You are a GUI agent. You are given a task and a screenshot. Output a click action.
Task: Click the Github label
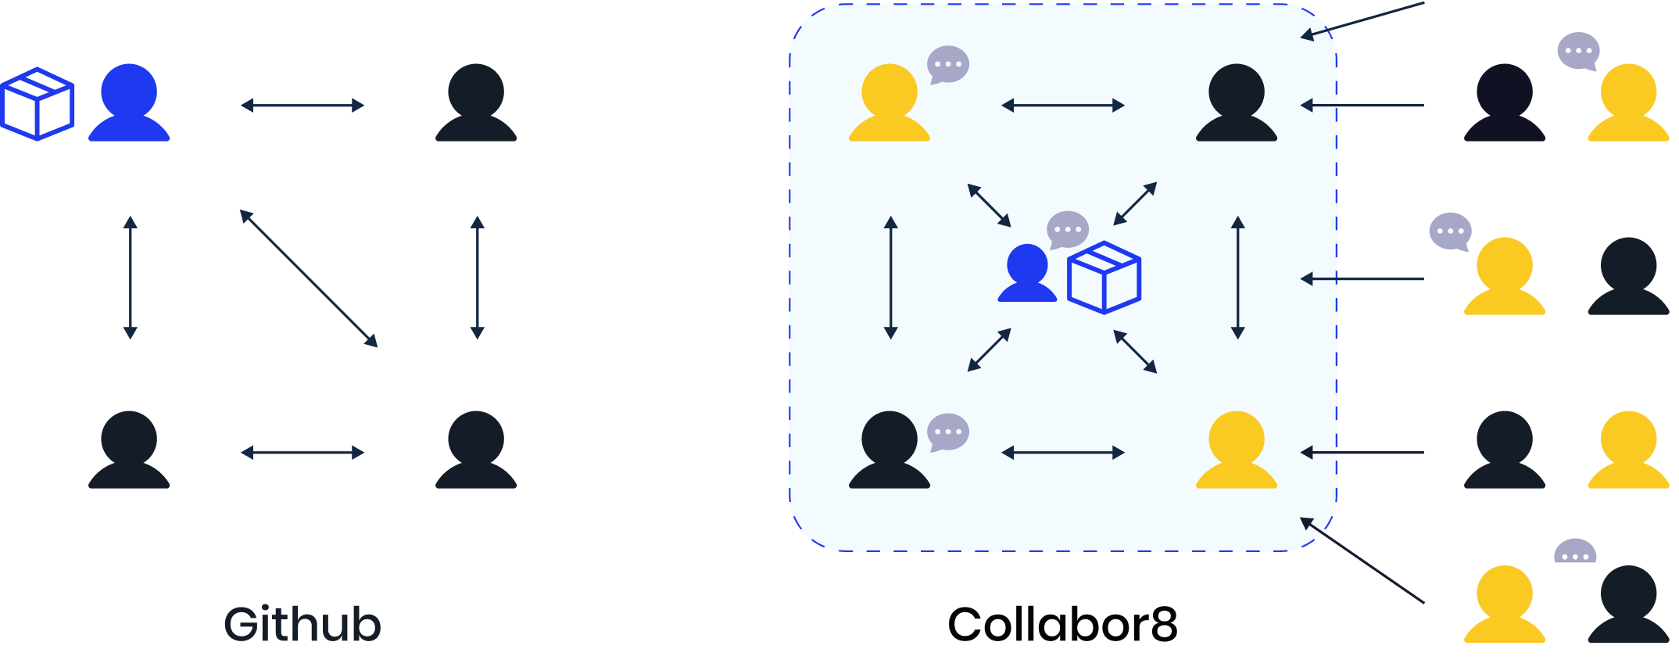point(303,624)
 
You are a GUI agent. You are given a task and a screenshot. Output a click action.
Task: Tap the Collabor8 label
point(1062,624)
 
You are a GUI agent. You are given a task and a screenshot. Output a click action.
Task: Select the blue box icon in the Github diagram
point(38,104)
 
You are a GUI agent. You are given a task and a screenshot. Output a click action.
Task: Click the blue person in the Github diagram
point(129,103)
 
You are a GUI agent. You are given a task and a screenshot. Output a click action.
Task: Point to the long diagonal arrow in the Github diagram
point(309,278)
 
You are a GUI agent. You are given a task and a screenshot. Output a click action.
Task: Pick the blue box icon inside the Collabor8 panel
point(1104,278)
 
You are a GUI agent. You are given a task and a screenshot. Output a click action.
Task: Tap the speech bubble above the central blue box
point(1067,230)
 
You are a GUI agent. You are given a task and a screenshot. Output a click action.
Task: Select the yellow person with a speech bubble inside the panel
point(890,103)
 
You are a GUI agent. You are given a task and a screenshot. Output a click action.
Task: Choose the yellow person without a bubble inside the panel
point(1237,450)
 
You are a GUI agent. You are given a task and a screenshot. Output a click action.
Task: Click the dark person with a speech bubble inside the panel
point(890,450)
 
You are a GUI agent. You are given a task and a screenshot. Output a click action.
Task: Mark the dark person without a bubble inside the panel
point(1237,103)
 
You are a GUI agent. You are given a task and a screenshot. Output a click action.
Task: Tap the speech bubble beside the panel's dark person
point(948,432)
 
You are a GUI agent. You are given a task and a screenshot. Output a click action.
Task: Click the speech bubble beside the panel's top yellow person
point(948,64)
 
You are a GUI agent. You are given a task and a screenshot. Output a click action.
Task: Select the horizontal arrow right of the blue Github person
point(303,105)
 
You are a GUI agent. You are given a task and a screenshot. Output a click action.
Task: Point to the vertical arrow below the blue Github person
point(131,278)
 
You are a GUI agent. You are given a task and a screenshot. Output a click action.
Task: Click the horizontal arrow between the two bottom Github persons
point(303,453)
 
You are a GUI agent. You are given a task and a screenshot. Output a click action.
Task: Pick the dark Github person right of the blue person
point(476,103)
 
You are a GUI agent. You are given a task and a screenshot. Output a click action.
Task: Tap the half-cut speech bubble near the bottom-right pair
point(1575,551)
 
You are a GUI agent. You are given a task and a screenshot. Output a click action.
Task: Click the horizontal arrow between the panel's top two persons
point(1063,105)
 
